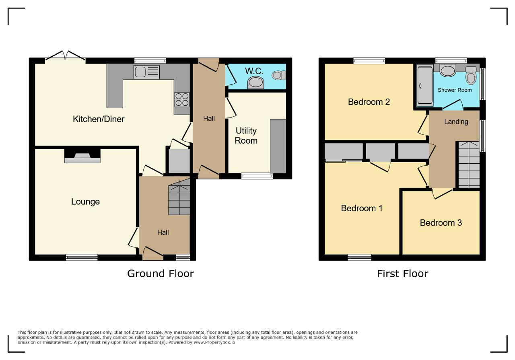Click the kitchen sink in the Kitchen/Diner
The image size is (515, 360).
pyautogui.click(x=146, y=72)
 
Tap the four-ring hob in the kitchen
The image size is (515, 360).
pyautogui.click(x=182, y=99)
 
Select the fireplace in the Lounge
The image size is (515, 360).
pyautogui.click(x=82, y=156)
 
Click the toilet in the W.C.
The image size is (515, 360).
pyautogui.click(x=279, y=75)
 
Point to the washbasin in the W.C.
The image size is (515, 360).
pyautogui.click(x=255, y=83)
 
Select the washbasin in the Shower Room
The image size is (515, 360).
pyautogui.click(x=448, y=70)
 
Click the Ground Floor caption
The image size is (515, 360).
pyautogui.click(x=161, y=274)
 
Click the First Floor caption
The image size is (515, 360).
pyautogui.click(x=403, y=274)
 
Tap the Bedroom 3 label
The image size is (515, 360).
pyautogui.click(x=441, y=222)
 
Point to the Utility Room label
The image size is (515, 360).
pyautogui.click(x=246, y=136)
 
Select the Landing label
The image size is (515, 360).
pyautogui.click(x=456, y=121)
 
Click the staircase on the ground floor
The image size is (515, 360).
pyautogui.click(x=179, y=197)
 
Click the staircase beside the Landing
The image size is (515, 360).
pyautogui.click(x=469, y=165)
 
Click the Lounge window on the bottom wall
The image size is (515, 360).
pyautogui.click(x=82, y=257)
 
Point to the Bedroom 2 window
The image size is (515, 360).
pyautogui.click(x=369, y=61)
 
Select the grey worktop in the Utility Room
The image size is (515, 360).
pyautogui.click(x=278, y=146)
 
